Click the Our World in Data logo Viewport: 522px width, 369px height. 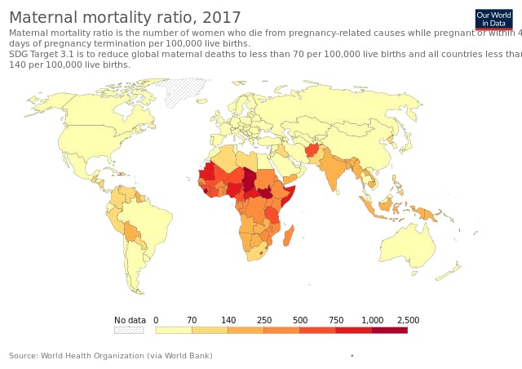493,20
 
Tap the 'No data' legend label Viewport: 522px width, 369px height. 130,320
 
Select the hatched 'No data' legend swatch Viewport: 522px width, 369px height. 129,330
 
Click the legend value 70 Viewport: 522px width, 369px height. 192,320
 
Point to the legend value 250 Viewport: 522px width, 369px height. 264,320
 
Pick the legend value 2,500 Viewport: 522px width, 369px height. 408,320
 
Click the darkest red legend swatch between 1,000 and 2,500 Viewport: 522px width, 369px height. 390,330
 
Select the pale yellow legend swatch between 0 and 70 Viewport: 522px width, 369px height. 174,330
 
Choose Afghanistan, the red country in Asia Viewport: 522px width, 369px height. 312,150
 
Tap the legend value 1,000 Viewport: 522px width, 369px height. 372,320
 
